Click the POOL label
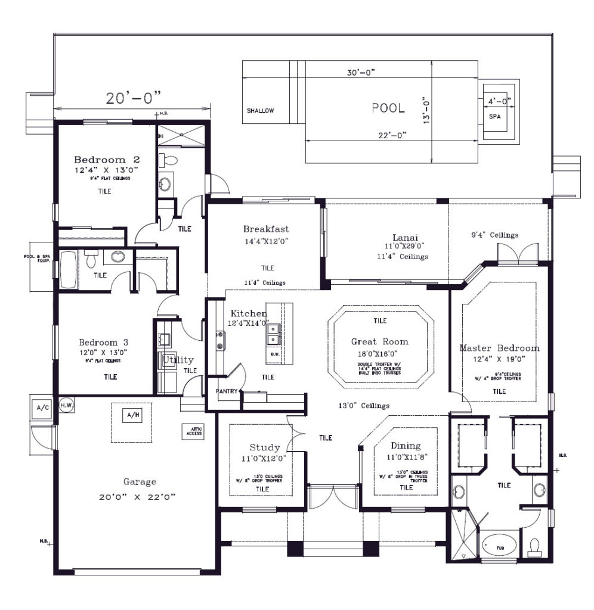coord(388,108)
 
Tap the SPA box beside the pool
coord(494,116)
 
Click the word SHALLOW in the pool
coord(260,111)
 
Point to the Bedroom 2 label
coord(107,160)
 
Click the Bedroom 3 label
coord(104,343)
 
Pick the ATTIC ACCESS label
coord(194,431)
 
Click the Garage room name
coord(140,482)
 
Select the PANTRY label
coord(227,391)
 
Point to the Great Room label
coord(379,341)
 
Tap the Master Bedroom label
coord(499,348)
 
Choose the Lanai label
coord(404,236)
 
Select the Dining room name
coord(406,446)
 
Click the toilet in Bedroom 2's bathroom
coord(169,160)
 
